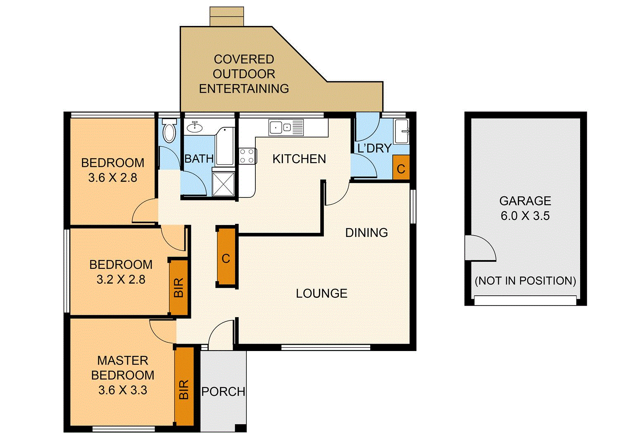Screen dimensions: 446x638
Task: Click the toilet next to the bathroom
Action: (x=169, y=131)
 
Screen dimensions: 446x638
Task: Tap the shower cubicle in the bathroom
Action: (x=223, y=184)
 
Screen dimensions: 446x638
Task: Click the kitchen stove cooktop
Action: (x=247, y=157)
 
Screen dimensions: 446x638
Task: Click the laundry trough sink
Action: (x=401, y=131)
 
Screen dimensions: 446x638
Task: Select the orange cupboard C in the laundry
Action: (x=400, y=168)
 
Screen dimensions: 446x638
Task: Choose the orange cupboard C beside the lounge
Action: (x=226, y=258)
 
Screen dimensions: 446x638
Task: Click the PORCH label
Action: (x=223, y=391)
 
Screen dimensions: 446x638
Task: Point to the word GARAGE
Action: (x=525, y=201)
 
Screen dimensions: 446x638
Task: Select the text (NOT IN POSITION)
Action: (x=525, y=281)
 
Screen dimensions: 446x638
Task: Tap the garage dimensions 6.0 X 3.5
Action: (x=525, y=216)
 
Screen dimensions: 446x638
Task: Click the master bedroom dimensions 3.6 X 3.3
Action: (x=123, y=390)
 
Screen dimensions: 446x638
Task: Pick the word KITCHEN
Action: (x=299, y=159)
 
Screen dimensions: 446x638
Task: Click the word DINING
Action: (x=367, y=232)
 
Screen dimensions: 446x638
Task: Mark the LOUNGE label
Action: (x=321, y=293)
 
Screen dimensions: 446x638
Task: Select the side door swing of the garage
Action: (x=479, y=248)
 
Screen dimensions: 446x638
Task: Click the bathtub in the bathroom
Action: (x=224, y=147)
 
